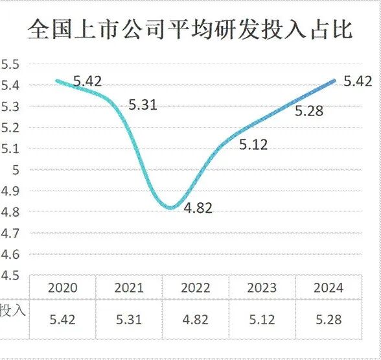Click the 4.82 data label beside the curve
[198, 209]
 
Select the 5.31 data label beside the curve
[143, 104]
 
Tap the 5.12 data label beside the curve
[253, 145]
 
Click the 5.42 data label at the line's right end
[358, 82]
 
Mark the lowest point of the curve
[171, 208]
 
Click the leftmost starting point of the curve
[57, 80]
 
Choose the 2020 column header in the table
[62, 288]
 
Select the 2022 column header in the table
[196, 288]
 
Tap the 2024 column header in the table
[329, 288]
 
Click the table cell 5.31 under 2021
[129, 319]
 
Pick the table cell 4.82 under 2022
[196, 319]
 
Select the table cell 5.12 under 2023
[262, 319]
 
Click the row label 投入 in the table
[13, 309]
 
